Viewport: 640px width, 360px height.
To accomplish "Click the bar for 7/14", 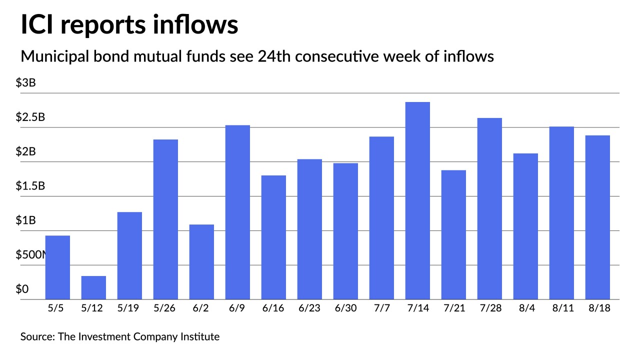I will [x=417, y=200].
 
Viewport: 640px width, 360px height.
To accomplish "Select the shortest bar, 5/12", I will [x=93, y=287].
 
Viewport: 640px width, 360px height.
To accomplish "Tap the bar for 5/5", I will [x=57, y=267].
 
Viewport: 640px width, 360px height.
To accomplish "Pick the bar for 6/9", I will [x=237, y=212].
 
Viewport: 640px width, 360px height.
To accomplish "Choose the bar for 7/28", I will [x=489, y=208].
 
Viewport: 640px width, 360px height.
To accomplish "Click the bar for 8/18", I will [x=597, y=217].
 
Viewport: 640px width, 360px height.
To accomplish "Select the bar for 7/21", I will [x=453, y=234].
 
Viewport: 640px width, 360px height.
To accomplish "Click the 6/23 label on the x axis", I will [x=309, y=308].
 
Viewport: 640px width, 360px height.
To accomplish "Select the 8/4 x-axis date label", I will [x=525, y=308].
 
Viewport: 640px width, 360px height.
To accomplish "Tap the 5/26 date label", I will [x=165, y=308].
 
